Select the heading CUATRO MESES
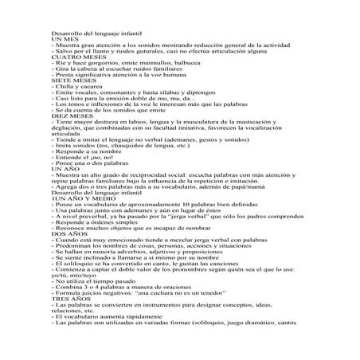76,57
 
